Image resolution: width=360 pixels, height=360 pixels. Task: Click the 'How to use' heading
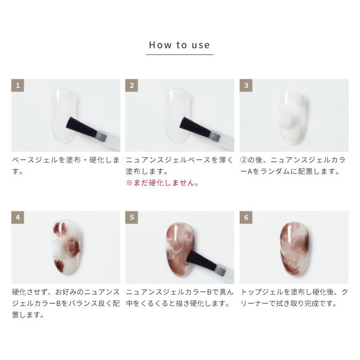(x=179, y=45)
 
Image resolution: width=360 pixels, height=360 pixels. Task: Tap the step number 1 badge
(x=17, y=85)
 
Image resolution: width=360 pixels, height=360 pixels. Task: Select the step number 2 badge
(x=132, y=85)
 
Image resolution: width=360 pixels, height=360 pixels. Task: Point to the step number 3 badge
(x=246, y=85)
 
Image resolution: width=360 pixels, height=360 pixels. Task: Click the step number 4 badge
(x=17, y=218)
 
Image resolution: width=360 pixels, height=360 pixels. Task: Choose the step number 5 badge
(x=132, y=218)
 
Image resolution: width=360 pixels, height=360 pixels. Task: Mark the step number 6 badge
(x=246, y=218)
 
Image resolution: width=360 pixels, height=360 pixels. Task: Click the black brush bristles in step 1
(x=82, y=128)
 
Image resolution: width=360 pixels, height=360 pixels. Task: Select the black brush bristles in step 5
(x=202, y=260)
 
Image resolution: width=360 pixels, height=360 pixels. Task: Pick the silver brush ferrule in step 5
(x=221, y=269)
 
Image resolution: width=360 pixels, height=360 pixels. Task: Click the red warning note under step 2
(x=163, y=183)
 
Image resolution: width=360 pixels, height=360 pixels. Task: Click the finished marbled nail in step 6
(x=295, y=249)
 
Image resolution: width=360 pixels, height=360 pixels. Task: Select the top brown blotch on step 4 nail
(x=61, y=229)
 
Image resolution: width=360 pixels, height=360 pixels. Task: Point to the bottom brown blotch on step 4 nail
(x=59, y=266)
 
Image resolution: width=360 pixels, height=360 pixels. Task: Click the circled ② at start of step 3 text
(x=244, y=160)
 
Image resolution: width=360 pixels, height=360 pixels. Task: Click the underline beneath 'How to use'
(x=179, y=55)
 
